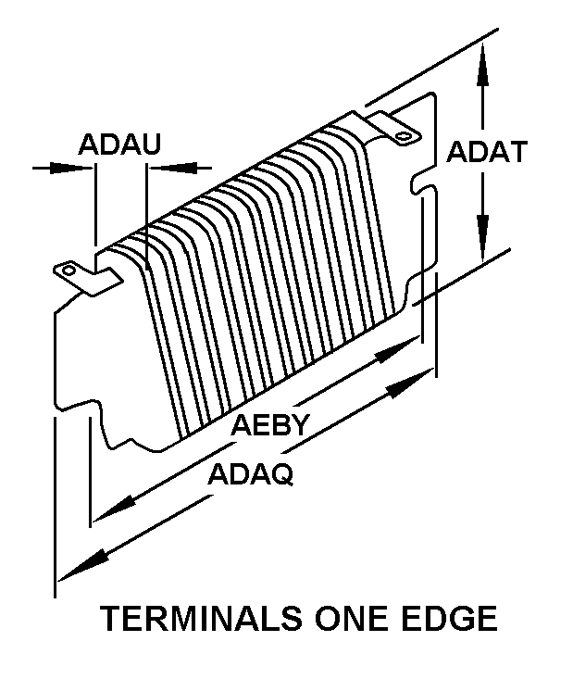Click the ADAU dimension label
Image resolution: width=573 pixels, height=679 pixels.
tap(119, 144)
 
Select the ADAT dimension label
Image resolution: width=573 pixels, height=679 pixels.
tap(487, 152)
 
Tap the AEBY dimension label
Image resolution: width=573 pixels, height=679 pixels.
tap(271, 425)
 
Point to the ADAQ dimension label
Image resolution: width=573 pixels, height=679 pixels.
tap(251, 474)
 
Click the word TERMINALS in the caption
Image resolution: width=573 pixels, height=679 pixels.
tap(201, 619)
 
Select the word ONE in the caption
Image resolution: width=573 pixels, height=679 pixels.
tap(353, 619)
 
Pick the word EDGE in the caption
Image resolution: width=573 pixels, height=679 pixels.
tap(450, 619)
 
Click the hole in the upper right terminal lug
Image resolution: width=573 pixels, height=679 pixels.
tap(405, 136)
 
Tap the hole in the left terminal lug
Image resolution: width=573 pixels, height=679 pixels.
tap(69, 270)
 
